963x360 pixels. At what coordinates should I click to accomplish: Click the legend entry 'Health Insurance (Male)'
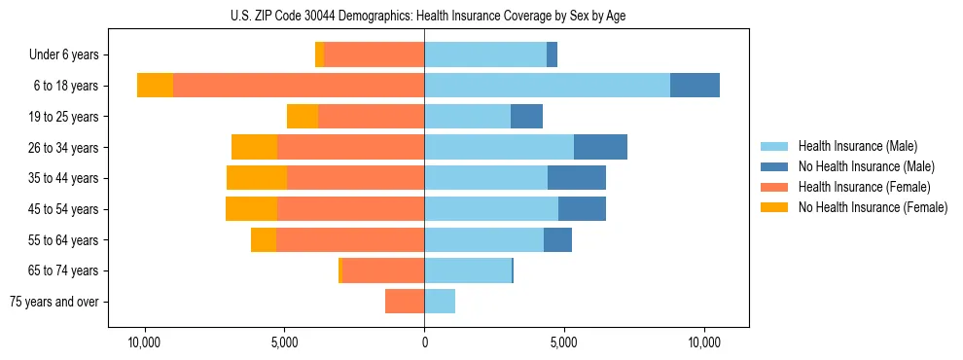click(x=857, y=146)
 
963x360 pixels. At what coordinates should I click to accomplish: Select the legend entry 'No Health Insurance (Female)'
click(x=873, y=207)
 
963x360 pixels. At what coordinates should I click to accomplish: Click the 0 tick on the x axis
click(x=424, y=343)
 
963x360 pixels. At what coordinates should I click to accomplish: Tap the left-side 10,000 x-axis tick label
click(x=144, y=343)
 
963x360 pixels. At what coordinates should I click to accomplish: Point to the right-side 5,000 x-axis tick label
click(x=564, y=343)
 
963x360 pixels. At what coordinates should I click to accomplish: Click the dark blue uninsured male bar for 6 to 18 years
click(x=695, y=86)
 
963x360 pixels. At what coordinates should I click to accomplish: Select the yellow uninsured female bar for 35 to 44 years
click(x=257, y=178)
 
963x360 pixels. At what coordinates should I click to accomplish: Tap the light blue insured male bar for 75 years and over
click(x=440, y=302)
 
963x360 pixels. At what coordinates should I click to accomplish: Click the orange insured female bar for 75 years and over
click(x=405, y=302)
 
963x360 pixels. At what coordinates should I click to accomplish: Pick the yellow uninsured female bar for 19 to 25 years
click(x=303, y=117)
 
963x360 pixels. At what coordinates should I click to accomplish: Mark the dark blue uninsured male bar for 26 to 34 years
click(x=600, y=147)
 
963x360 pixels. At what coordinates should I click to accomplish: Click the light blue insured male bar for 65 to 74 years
click(x=468, y=270)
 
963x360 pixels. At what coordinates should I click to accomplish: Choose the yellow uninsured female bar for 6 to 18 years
click(x=155, y=86)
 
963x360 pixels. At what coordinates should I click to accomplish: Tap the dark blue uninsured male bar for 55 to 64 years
click(x=557, y=239)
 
